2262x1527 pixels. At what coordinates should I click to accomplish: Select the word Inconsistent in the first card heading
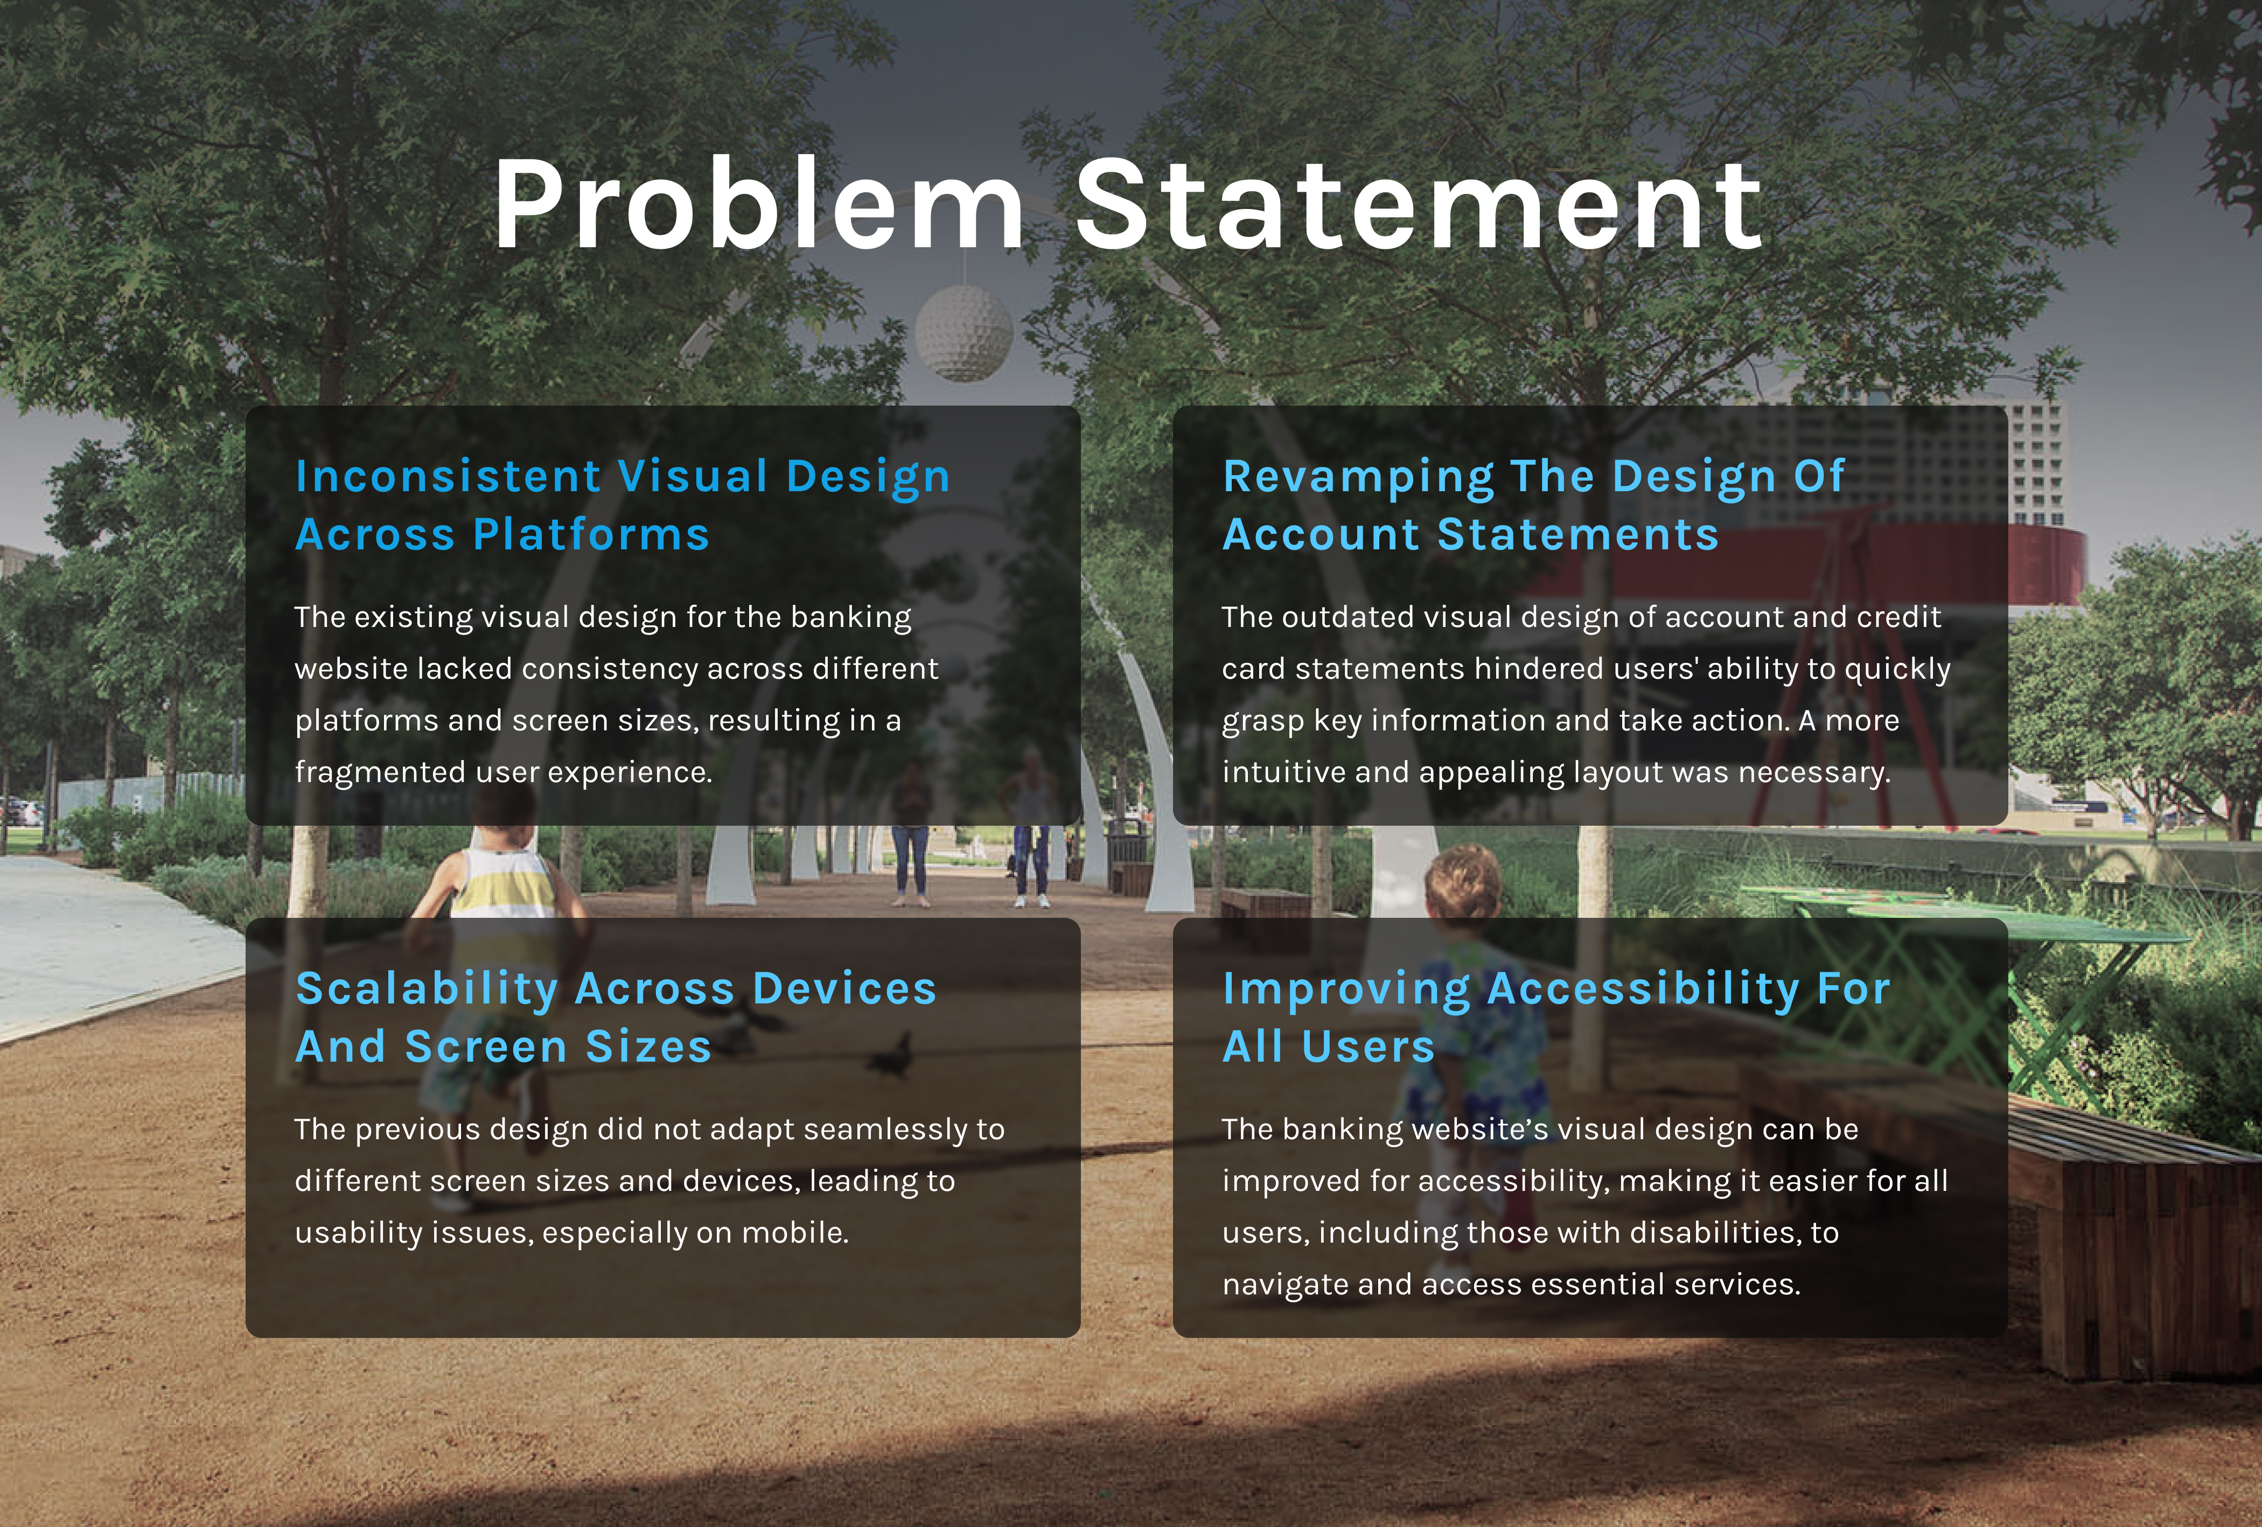point(449,477)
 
